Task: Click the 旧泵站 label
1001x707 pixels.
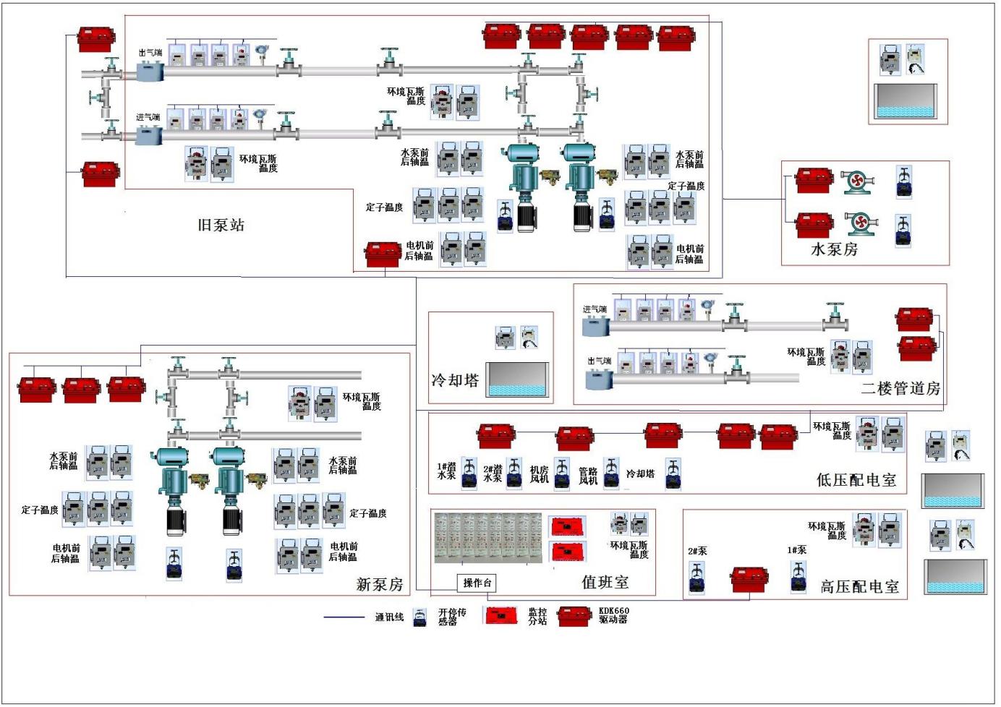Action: (x=221, y=225)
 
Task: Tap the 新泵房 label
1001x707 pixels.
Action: (x=380, y=584)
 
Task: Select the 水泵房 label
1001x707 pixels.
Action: (x=834, y=249)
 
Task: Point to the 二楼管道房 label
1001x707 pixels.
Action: (x=900, y=388)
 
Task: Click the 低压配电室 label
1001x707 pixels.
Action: (x=856, y=480)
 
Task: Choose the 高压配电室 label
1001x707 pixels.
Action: (x=859, y=586)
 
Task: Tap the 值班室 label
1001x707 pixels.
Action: (x=605, y=582)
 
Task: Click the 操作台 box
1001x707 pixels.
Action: (x=478, y=583)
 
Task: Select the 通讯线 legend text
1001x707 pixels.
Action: (x=389, y=617)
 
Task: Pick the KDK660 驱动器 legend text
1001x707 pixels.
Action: (x=613, y=615)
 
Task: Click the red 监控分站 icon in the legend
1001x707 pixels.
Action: (x=500, y=616)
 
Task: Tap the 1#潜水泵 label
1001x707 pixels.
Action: (x=447, y=471)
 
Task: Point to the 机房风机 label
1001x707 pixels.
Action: (x=540, y=474)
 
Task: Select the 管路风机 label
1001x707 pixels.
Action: (x=588, y=475)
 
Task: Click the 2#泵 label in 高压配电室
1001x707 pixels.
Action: (x=697, y=551)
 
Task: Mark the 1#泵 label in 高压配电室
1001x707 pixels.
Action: (x=796, y=550)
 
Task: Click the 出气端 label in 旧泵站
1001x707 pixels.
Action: (x=150, y=53)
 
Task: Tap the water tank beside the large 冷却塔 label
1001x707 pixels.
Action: (x=517, y=380)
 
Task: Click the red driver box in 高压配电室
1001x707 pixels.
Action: (x=749, y=580)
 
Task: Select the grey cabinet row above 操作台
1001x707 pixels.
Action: (x=487, y=538)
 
